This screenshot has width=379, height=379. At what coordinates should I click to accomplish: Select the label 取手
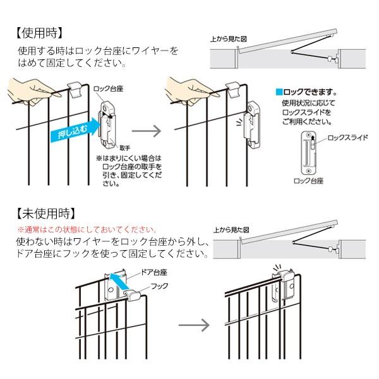click(124, 147)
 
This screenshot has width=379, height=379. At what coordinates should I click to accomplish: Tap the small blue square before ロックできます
click(278, 91)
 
